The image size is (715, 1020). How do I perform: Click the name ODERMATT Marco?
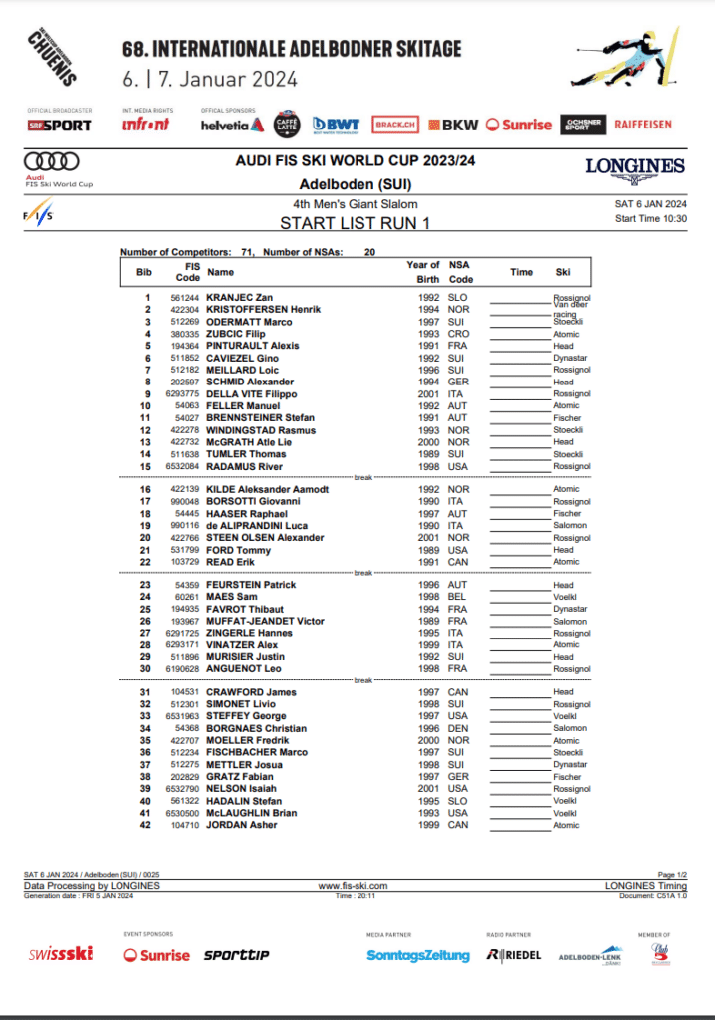coord(248,322)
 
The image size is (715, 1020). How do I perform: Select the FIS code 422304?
coord(186,310)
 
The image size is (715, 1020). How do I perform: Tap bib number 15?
coord(146,466)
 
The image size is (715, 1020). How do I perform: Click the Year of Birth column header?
coord(423,271)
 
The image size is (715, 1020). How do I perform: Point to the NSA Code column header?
coord(458,271)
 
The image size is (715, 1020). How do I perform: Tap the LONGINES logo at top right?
coord(634,167)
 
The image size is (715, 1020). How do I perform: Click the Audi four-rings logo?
coord(51,160)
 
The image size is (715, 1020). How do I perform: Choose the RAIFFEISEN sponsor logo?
coord(643,125)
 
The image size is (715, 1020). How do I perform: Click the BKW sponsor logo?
coord(459,125)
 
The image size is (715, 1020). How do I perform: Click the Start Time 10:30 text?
coord(651,218)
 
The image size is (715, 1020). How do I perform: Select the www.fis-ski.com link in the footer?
coord(353,885)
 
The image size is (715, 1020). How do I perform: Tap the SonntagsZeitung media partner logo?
coord(418,955)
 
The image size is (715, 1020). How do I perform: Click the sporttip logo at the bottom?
coord(236,955)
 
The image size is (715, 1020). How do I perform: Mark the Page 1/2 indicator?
coord(673,875)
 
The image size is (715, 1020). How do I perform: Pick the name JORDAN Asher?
coord(242,825)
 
